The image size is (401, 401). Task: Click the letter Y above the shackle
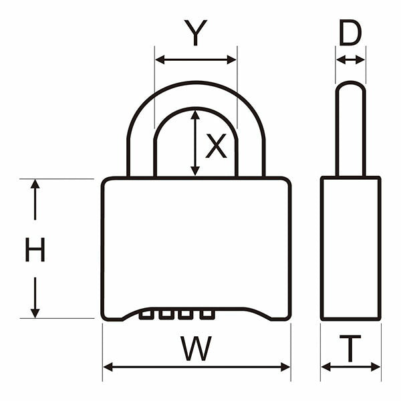[196, 33]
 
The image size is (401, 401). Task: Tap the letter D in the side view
[350, 33]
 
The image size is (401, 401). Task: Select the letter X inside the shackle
[216, 146]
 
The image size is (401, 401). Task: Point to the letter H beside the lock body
[35, 249]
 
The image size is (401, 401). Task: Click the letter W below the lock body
[196, 348]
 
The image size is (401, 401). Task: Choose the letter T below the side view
[350, 348]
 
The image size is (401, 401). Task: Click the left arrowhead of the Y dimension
[160, 60]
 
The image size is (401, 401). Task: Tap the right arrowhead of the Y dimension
[232, 60]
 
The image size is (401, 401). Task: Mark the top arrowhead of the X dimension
[195, 115]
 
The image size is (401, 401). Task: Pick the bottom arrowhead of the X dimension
[195, 170]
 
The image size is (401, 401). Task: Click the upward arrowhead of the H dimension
[35, 184]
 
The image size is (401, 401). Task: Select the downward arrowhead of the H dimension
[35, 313]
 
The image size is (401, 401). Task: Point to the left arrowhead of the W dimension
[108, 367]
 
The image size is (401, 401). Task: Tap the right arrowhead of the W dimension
[285, 367]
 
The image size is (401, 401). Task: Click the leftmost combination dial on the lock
[146, 315]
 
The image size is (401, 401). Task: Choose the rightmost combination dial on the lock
[207, 315]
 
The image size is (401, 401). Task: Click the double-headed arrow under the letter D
[350, 60]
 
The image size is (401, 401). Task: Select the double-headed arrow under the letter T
[351, 367]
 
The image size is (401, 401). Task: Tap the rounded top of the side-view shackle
[350, 83]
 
